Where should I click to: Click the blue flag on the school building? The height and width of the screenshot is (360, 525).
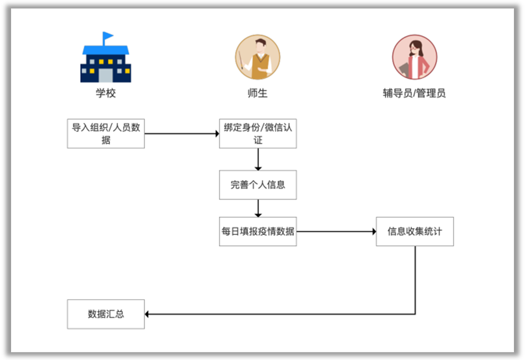point(108,36)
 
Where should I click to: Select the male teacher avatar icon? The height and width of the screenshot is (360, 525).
point(258,57)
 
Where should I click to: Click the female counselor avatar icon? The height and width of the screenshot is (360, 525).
point(414,57)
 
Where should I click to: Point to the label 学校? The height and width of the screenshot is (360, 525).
point(106,93)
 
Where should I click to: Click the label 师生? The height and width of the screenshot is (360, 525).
point(258,93)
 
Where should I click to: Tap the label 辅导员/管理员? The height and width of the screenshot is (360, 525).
point(414,93)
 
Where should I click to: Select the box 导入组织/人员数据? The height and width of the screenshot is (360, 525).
point(106,133)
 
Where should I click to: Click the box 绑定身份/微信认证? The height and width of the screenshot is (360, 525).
point(258,133)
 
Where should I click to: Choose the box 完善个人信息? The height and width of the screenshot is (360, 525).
point(258,185)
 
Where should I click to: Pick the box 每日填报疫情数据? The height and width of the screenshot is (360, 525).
point(258,231)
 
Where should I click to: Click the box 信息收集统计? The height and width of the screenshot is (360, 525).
point(415,231)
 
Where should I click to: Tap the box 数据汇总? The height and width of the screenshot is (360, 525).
point(106,314)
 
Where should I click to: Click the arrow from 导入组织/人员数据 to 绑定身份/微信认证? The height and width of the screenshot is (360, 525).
point(182,133)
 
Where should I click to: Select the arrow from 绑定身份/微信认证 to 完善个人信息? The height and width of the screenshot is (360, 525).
point(258,159)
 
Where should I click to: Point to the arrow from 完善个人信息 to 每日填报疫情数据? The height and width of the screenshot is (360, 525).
point(258,208)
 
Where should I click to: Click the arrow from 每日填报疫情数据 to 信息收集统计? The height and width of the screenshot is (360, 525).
point(336,231)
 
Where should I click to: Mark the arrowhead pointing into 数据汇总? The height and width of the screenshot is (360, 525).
point(147,314)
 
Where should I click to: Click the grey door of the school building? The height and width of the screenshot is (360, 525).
point(106,75)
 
